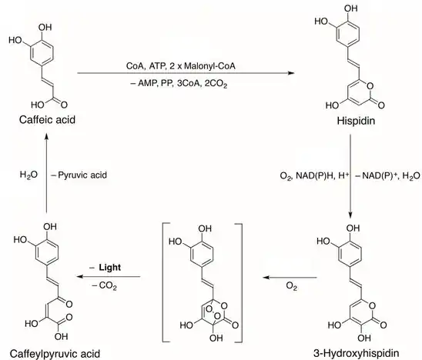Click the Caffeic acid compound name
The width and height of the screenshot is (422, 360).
[47, 120]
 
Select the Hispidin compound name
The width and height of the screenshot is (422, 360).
[356, 121]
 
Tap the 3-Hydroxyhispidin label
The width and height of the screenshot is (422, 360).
[356, 353]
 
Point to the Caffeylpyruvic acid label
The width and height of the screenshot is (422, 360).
[55, 354]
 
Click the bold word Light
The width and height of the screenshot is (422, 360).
[110, 268]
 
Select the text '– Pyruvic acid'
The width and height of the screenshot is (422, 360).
[79, 175]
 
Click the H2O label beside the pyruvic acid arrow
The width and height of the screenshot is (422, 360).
[28, 175]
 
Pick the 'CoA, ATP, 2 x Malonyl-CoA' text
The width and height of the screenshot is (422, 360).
[181, 66]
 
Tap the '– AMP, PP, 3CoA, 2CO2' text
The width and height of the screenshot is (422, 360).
[179, 84]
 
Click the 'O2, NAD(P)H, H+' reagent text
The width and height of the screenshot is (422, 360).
[314, 176]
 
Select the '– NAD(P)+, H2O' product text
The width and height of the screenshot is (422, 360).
[387, 176]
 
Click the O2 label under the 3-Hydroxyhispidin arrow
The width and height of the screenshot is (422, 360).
[291, 286]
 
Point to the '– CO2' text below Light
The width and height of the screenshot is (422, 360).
[105, 285]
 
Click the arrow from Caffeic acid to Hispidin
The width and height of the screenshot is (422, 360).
[186, 73]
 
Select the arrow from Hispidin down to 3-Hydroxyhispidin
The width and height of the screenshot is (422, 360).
[350, 176]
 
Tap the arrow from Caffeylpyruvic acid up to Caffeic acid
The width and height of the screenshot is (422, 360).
[46, 172]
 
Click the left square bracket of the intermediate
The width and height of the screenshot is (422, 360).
[163, 282]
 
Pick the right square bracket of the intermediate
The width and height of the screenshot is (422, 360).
[241, 283]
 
